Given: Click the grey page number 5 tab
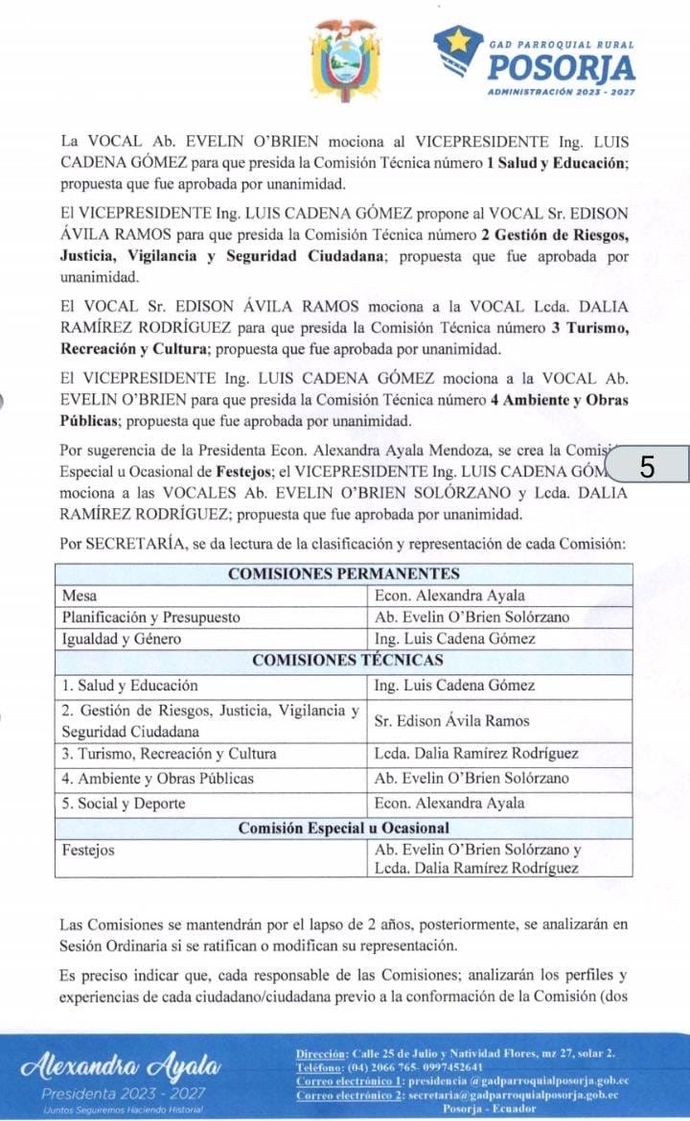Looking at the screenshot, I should pyautogui.click(x=648, y=467).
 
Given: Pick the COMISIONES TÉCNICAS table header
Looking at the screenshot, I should pyautogui.click(x=344, y=661).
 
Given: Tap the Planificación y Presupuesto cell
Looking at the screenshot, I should pyautogui.click(x=151, y=618).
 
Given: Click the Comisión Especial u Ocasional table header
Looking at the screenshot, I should pyautogui.click(x=344, y=827).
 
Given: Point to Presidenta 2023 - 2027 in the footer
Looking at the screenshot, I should pyautogui.click(x=122, y=1093).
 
